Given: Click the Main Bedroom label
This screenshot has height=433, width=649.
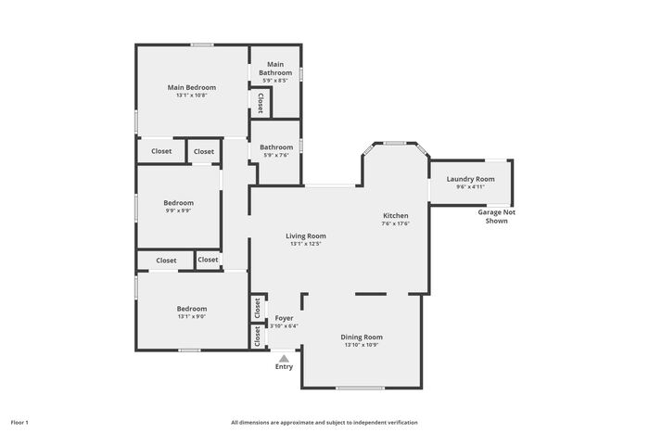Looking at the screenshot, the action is click(x=192, y=87).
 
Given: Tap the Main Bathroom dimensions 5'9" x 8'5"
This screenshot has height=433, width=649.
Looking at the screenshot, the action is click(x=275, y=81).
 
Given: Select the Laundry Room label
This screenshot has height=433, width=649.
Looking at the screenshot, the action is click(x=471, y=179).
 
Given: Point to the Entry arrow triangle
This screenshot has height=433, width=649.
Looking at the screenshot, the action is click(x=284, y=359).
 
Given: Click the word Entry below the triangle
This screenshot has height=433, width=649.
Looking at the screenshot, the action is click(x=284, y=367).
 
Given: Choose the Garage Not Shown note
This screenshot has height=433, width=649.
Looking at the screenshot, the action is click(x=497, y=217).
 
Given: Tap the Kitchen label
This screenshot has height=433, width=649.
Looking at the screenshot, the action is click(x=396, y=216).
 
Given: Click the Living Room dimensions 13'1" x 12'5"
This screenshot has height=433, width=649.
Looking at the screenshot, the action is click(x=306, y=244).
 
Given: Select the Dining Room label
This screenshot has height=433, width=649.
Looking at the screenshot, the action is click(x=362, y=337).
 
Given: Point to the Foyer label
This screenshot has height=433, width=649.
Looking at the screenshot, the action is click(x=285, y=318).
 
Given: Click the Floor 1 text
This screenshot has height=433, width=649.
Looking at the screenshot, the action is click(x=19, y=423).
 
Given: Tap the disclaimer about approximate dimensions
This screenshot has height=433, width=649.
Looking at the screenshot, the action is click(x=324, y=423).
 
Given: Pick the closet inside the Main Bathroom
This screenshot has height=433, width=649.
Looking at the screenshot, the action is click(x=261, y=103).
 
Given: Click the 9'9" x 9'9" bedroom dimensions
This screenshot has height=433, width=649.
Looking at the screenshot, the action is click(x=178, y=210).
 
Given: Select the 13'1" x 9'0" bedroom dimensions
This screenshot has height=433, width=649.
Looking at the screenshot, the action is click(x=192, y=316).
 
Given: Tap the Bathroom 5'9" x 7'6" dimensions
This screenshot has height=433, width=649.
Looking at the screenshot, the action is click(x=276, y=155).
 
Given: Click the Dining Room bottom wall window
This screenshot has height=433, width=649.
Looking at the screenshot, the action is click(x=360, y=388).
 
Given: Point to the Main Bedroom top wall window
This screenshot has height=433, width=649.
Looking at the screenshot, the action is click(x=202, y=45).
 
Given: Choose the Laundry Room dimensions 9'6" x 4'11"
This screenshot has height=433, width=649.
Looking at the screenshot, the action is click(x=471, y=186).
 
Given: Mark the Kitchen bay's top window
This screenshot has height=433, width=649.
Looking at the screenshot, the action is click(x=394, y=143).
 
